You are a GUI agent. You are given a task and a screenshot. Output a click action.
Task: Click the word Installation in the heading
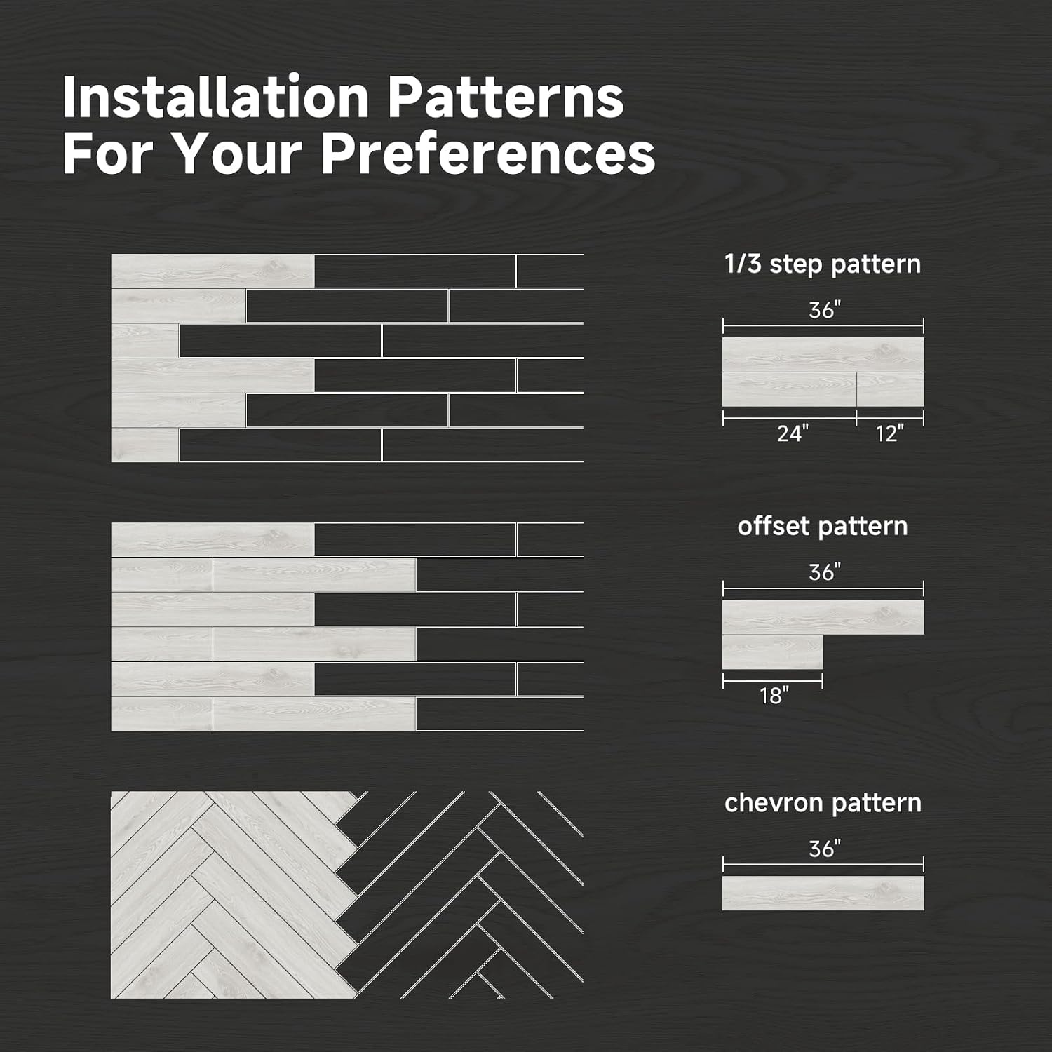click(x=215, y=97)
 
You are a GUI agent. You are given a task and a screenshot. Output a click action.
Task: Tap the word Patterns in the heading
click(x=505, y=97)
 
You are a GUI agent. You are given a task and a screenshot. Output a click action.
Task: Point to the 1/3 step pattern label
click(x=823, y=264)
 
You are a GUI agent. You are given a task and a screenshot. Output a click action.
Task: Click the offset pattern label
click(x=823, y=526)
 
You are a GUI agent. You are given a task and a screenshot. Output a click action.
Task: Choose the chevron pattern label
click(x=823, y=803)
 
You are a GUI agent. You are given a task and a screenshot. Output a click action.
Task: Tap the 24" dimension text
click(x=793, y=433)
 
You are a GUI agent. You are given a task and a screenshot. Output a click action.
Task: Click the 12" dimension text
click(x=890, y=433)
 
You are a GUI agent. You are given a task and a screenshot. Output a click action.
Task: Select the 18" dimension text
click(x=774, y=695)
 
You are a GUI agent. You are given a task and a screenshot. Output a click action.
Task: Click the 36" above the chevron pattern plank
click(x=824, y=849)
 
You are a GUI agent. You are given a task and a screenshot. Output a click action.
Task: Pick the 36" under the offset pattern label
click(x=824, y=572)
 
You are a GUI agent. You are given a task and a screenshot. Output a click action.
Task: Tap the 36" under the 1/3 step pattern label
click(x=824, y=309)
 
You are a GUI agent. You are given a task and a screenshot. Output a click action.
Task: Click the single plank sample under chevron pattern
click(x=823, y=893)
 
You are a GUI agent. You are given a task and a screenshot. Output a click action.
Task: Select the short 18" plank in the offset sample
click(x=773, y=652)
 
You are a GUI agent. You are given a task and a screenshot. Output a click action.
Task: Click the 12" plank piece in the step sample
click(x=891, y=389)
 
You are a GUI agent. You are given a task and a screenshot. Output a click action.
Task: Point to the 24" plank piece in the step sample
click(x=790, y=389)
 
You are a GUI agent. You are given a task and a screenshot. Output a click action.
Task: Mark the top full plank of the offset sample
click(x=823, y=617)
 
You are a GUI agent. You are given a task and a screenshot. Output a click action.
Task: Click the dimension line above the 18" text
click(x=773, y=680)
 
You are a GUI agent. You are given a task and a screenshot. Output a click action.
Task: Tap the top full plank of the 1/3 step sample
click(x=823, y=355)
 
